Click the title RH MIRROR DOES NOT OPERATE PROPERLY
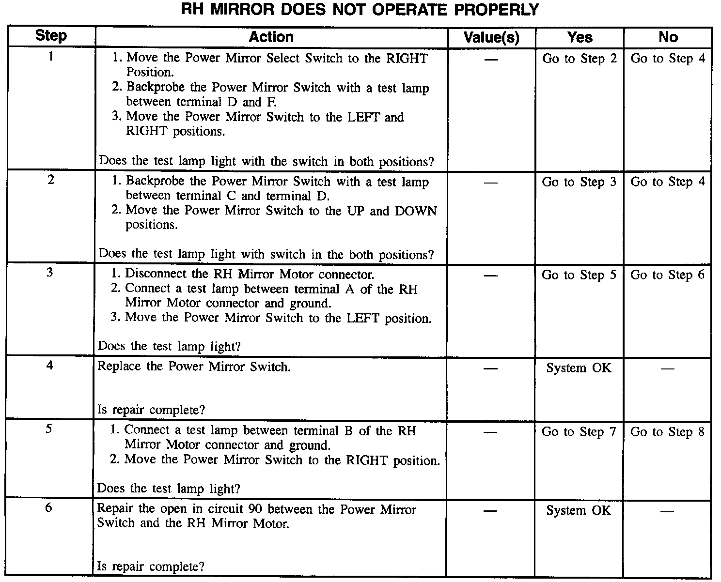360,9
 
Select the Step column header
51,36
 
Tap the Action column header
271,37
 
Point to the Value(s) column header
491,37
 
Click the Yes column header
580,37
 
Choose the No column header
668,37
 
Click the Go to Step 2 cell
580,59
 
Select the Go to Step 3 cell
579,182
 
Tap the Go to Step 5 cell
579,275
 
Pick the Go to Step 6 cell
667,275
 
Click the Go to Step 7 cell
579,432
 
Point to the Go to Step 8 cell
667,432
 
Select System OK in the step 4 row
579,368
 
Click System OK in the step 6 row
579,510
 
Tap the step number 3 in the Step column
49,273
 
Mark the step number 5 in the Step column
49,429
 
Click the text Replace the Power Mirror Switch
194,367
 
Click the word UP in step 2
355,211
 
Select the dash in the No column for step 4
667,368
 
